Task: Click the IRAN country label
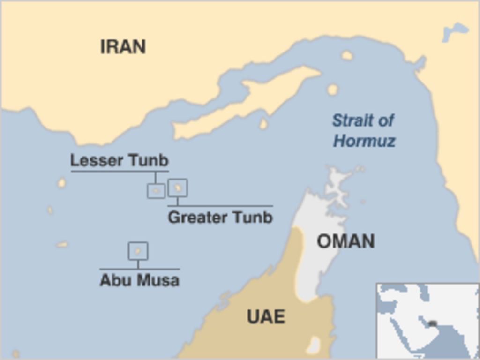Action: coord(123,47)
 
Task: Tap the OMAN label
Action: coord(345,241)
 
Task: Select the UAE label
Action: coord(266,317)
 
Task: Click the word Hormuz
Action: coord(364,141)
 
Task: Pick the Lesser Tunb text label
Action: coord(119,160)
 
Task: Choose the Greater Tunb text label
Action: coord(220,217)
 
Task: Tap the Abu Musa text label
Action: coord(139,280)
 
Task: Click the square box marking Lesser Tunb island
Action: coord(156,191)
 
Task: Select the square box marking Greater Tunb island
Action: coord(178,187)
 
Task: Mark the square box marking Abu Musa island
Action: coord(138,251)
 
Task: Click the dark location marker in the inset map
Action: coord(433,323)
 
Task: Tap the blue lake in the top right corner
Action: coord(454,31)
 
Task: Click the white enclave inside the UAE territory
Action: coord(313,346)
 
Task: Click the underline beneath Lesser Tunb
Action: coord(120,171)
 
